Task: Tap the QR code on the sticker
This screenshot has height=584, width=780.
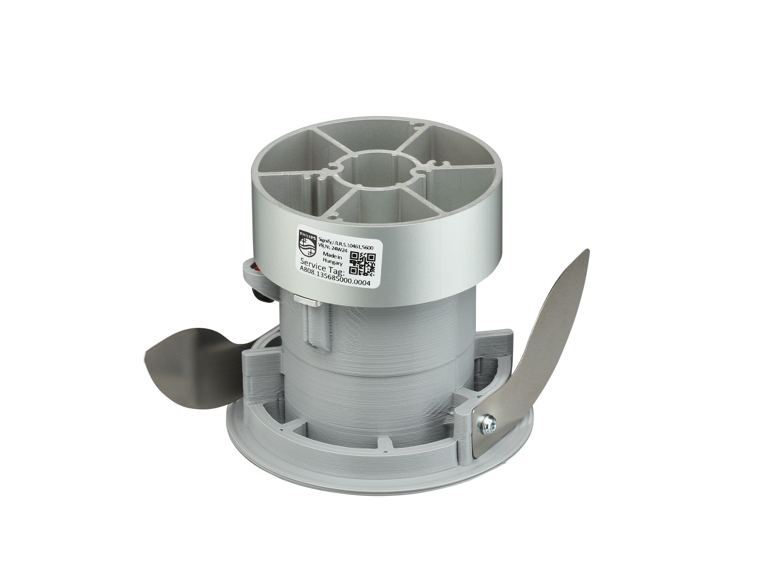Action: click(362, 264)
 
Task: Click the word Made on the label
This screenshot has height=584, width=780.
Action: click(325, 254)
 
